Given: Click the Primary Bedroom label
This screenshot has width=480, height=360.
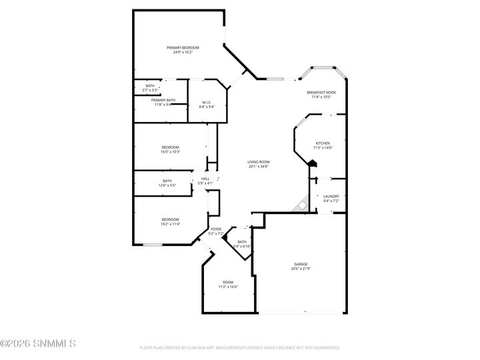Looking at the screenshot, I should pos(183,47).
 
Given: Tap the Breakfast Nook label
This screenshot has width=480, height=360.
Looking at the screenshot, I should pos(321,93).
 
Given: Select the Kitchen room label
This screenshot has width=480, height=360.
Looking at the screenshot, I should pos(322,143).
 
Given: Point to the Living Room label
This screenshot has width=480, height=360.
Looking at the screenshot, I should pos(258,161).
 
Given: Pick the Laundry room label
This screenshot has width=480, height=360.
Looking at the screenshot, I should pos(331,196).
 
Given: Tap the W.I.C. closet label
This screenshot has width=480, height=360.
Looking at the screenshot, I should pos(207,102).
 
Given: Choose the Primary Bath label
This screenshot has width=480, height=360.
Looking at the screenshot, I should pos(163,100).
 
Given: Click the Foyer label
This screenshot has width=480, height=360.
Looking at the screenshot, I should pos(215,229).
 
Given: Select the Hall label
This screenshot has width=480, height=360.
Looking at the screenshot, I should pos(205,179).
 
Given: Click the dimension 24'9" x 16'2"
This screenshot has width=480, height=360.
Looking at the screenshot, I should pos(183,52).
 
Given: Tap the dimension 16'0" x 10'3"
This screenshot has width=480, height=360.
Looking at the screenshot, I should pos(170,152).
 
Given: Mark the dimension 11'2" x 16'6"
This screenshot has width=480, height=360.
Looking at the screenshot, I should pos(228,287).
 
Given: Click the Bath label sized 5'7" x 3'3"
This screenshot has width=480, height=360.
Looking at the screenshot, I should pos(150,86).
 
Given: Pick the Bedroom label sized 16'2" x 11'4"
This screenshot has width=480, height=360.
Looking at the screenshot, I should pos(170,219).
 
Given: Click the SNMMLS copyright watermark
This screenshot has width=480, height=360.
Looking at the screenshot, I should pos(38,344).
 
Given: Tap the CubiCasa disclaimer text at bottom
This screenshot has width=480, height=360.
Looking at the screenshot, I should pos(240,347).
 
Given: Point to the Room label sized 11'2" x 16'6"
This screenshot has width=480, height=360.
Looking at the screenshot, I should pos(228,282).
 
